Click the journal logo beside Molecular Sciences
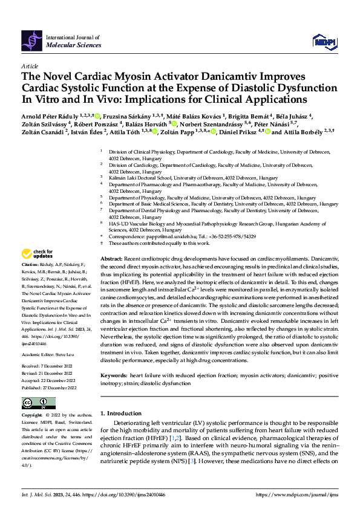pyautogui.click(x=31, y=41)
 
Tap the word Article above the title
pyautogui.click(x=30, y=65)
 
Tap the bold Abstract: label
pyautogui.click(x=111, y=259)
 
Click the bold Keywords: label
pyautogui.click(x=114, y=374)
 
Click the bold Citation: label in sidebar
pyautogui.click(x=30, y=265)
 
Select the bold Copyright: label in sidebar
pyautogui.click(x=32, y=416)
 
